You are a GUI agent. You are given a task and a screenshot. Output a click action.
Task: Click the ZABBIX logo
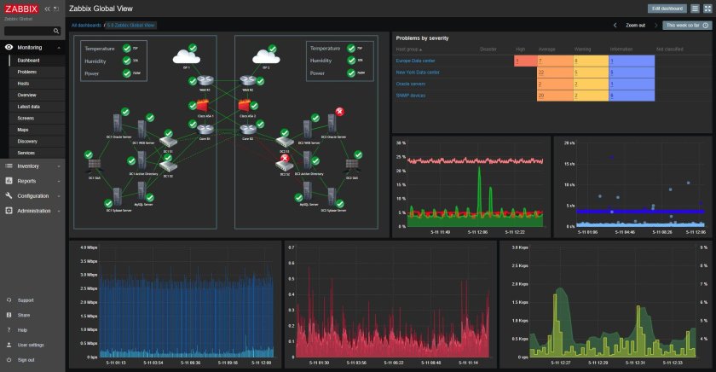[21, 8]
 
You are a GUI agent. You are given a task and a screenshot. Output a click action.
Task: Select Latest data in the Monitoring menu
[29, 106]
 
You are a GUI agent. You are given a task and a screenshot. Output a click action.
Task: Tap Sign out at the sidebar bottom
[26, 359]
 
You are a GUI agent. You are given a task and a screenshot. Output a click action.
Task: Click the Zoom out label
[636, 26]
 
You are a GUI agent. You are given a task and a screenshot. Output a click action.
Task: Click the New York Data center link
[417, 73]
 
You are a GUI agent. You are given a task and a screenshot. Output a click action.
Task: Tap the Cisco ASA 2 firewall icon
[247, 106]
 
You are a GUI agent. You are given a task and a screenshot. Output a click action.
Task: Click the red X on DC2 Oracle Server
[339, 112]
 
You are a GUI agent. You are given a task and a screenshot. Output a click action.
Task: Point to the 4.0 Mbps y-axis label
[85, 247]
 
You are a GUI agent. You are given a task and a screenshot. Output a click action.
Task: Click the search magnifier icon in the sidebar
[56, 31]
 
